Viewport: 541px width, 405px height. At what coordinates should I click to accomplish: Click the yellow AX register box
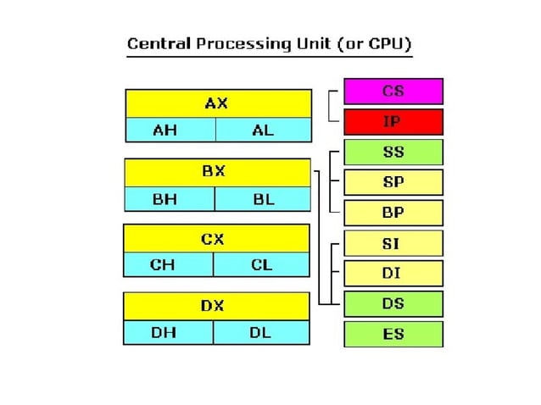pos(217,103)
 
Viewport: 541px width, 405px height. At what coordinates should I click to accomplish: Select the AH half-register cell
pos(170,130)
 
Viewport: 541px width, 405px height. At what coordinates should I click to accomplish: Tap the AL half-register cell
pos(263,130)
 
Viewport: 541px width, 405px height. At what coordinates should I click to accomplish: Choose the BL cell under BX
pos(262,199)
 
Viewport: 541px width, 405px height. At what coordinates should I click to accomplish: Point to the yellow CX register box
pos(215,239)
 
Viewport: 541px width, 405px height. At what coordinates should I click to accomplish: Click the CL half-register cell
pos(260,264)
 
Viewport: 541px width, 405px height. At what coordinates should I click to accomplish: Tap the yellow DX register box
pos(215,306)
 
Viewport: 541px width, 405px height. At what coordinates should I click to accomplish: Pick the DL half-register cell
pos(260,332)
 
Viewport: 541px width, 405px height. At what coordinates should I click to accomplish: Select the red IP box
pos(393,122)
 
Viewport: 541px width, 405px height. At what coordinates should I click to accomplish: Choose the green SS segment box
pos(393,153)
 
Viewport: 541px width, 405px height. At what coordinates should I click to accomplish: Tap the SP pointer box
pos(393,182)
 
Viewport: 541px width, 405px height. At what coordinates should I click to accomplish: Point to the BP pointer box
pos(393,213)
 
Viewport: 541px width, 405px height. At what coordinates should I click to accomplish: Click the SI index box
pos(393,243)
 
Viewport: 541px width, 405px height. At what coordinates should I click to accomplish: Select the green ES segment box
pos(393,334)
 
